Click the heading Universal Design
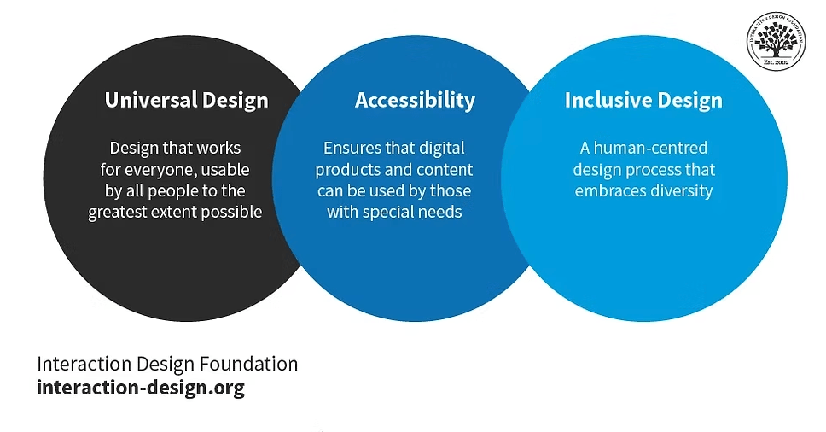click(187, 100)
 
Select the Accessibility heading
click(415, 100)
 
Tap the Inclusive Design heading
click(643, 100)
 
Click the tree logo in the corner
click(776, 41)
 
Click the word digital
click(442, 149)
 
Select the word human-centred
click(650, 148)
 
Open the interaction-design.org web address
click(141, 388)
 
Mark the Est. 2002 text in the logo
click(776, 62)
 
